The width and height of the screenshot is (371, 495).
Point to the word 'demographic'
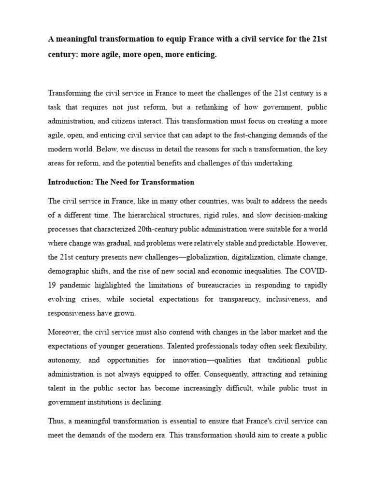click(68, 271)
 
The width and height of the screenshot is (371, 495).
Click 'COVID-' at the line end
click(314, 271)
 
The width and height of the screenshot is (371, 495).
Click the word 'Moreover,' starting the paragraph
click(63, 332)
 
